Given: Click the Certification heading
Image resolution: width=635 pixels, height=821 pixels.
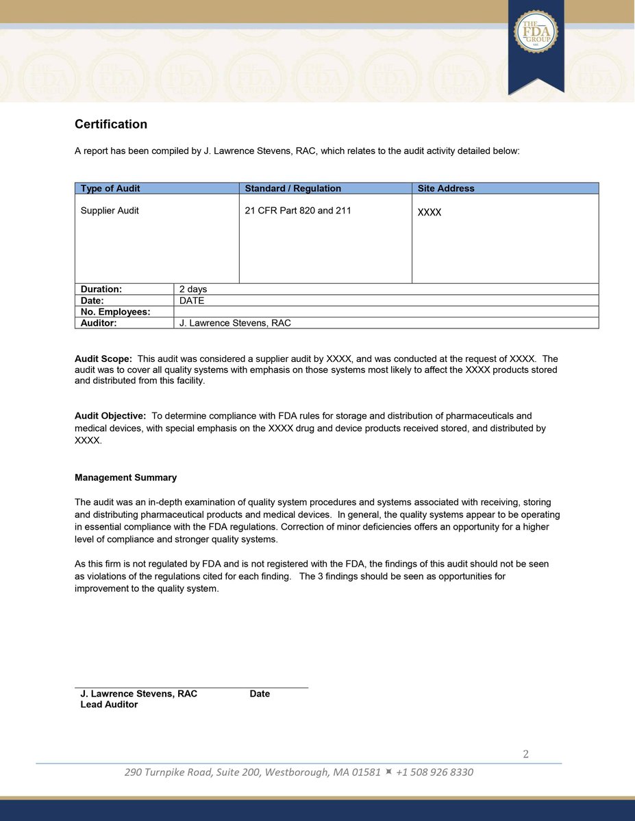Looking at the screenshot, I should coord(111,125).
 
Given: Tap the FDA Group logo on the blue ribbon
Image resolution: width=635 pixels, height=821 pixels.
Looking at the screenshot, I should coord(536,32).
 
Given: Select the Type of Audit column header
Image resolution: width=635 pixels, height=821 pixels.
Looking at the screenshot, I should coord(110,188).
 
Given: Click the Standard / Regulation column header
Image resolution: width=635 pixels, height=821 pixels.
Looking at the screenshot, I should coord(292,188).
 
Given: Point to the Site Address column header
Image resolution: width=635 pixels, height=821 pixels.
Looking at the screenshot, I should coord(446,188).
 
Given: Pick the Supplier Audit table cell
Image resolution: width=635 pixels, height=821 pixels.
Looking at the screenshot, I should coord(110,211).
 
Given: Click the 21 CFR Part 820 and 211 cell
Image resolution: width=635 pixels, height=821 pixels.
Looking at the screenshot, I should coord(297,211).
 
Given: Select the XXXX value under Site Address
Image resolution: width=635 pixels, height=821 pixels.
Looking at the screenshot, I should coord(429,213).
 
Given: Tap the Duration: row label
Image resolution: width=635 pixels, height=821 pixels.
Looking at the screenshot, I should coord(101,289).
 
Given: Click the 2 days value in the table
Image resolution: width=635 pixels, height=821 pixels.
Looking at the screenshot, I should coord(193,289).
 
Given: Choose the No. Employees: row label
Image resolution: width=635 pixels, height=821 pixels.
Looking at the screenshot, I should coord(115,312).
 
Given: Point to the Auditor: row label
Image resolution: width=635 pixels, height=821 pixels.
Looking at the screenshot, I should coord(99,323).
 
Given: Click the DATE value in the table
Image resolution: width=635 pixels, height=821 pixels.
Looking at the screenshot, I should coord(192,300).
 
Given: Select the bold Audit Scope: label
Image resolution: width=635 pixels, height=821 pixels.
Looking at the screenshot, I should coord(103,359).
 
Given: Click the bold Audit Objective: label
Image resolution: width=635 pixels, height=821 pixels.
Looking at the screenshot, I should coord(110,416).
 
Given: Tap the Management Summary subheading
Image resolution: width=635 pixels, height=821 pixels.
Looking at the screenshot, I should coord(125,478).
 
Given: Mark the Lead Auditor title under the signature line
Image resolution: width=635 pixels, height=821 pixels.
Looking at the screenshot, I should coord(109,705).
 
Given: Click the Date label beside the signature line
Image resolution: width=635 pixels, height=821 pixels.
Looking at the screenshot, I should coord(260,694).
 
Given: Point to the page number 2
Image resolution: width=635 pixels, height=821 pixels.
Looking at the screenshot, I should coord(525,755).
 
